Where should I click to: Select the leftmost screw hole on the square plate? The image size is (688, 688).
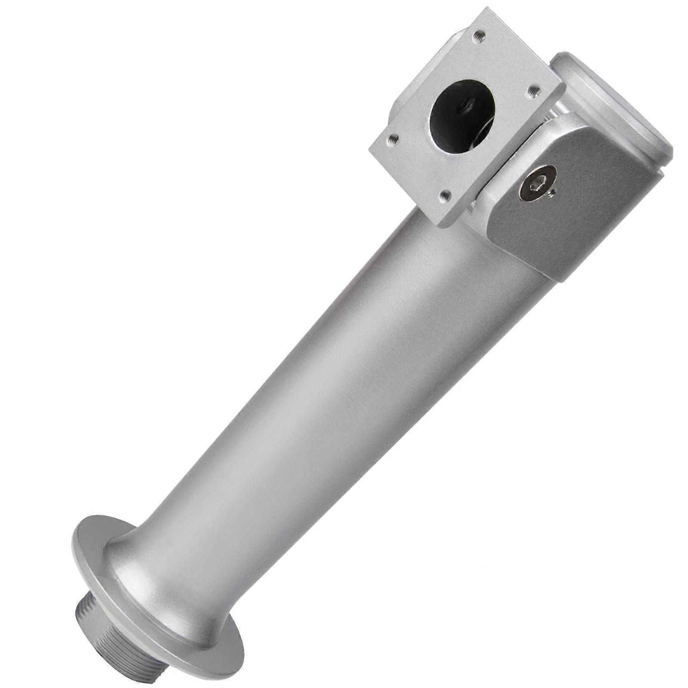click(392, 139)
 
